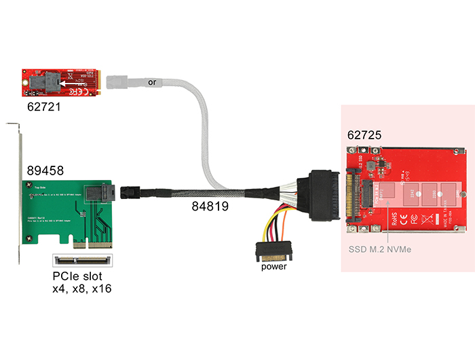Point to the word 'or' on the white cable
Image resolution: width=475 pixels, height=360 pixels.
click(151, 82)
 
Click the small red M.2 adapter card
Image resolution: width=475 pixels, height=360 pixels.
click(60, 82)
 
